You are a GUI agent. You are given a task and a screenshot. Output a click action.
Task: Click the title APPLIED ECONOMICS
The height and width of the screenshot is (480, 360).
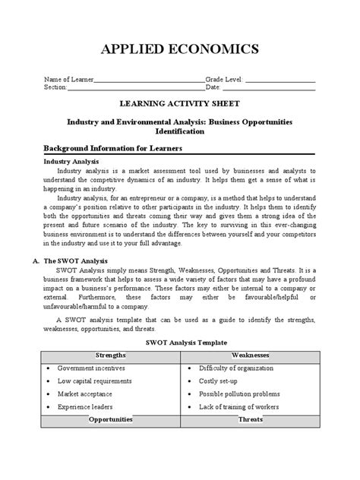(x=180, y=49)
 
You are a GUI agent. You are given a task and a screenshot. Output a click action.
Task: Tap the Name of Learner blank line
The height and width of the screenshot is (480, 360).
(x=149, y=80)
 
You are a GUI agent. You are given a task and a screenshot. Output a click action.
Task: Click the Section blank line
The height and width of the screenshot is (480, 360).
(x=136, y=88)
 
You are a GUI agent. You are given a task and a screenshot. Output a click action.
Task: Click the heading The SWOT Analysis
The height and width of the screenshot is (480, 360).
(x=82, y=261)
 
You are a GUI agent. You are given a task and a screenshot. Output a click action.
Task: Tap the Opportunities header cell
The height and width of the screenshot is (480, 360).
(x=111, y=419)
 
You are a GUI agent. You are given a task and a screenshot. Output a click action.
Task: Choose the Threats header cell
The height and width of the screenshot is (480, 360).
(x=251, y=419)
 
